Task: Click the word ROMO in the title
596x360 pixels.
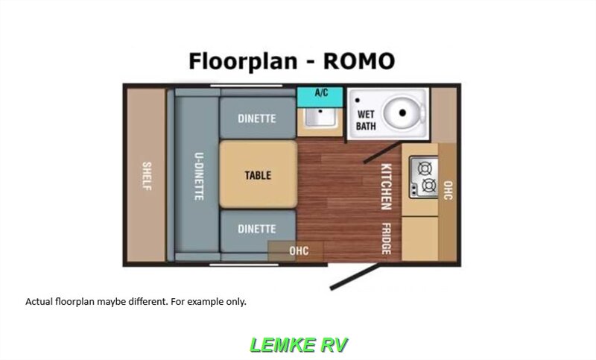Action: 359,61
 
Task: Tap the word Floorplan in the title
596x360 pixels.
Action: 243,62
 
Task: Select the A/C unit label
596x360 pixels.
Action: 321,92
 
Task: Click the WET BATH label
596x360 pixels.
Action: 366,120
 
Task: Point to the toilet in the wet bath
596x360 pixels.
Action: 404,113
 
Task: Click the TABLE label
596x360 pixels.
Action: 258,175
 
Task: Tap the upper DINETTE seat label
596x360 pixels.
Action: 256,119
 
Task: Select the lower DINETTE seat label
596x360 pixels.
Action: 256,229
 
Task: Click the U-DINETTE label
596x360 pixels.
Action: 199,177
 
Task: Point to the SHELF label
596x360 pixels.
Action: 147,176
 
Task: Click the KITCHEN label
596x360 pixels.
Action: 386,186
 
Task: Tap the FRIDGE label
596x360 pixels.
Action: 386,239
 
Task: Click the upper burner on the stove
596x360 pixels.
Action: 425,168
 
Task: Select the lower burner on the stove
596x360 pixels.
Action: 429,185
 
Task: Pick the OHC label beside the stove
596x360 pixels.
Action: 448,190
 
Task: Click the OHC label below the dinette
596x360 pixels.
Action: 299,251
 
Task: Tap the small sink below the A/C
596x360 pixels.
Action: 320,118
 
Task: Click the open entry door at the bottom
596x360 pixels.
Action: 355,277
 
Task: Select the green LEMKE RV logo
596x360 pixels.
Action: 299,345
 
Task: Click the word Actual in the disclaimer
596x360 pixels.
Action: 39,302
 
